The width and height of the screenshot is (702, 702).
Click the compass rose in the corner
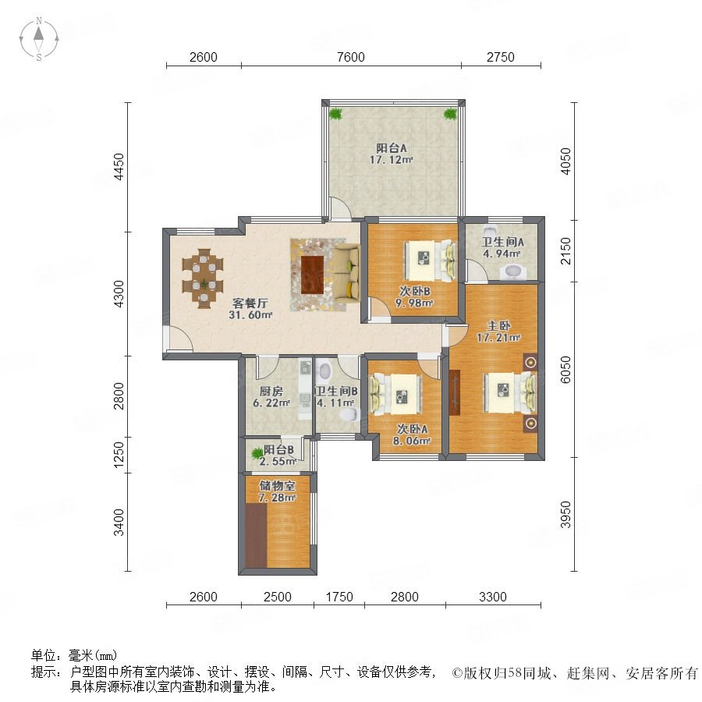(x=39, y=38)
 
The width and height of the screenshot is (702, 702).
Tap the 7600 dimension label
(x=350, y=57)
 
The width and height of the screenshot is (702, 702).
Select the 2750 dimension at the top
(x=501, y=57)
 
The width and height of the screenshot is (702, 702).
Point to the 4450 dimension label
(x=119, y=167)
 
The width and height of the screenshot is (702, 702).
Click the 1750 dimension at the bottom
(x=339, y=597)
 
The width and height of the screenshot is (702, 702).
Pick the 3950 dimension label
(x=566, y=515)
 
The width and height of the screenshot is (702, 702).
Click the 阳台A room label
(x=391, y=148)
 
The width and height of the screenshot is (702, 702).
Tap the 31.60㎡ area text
(x=250, y=315)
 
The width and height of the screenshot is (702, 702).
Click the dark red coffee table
(x=312, y=275)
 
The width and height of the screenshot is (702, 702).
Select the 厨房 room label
(x=271, y=392)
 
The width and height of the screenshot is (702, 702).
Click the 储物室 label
(x=277, y=486)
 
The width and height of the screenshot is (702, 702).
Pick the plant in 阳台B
(x=257, y=454)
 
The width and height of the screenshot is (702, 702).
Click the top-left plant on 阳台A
(x=335, y=114)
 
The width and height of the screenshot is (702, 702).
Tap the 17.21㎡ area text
(x=498, y=338)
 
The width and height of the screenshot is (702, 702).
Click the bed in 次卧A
(x=395, y=395)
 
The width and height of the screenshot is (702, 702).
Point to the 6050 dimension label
(x=566, y=370)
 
